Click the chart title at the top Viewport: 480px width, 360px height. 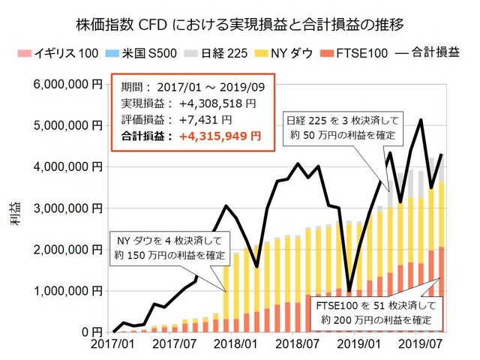(x=240, y=23)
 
